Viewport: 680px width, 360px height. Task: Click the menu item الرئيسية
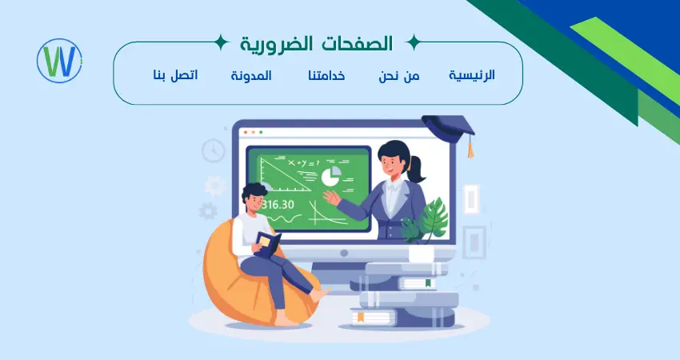tap(471, 75)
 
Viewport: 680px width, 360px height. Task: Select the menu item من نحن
tap(399, 75)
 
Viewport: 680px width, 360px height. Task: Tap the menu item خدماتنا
tap(326, 75)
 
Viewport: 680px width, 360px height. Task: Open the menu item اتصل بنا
tap(175, 75)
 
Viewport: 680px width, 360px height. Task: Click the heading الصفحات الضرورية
tap(316, 42)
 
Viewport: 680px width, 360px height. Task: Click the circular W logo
tap(60, 61)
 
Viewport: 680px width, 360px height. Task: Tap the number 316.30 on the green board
tap(277, 204)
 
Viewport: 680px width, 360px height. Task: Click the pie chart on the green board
tap(330, 175)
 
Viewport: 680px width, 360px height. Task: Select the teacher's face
tap(392, 162)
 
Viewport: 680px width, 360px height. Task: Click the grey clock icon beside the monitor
tap(214, 150)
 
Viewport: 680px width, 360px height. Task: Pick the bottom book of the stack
tap(400, 318)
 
